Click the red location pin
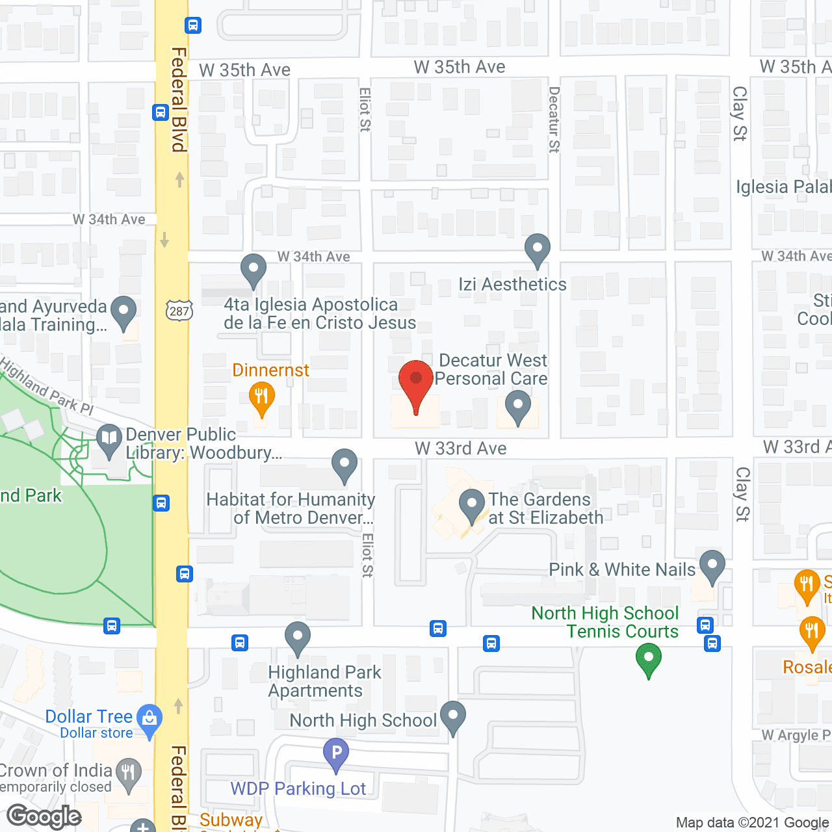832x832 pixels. point(415,383)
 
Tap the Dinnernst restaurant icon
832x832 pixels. point(261,398)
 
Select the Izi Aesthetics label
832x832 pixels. point(512,285)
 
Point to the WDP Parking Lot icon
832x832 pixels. point(336,754)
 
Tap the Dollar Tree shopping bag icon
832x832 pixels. point(149,720)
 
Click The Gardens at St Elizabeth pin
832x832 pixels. point(472,505)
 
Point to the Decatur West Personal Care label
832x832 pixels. point(492,369)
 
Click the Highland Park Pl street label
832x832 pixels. point(47,386)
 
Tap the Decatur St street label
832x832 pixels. point(554,120)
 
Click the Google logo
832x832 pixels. point(44,816)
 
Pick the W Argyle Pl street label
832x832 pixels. point(796,735)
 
